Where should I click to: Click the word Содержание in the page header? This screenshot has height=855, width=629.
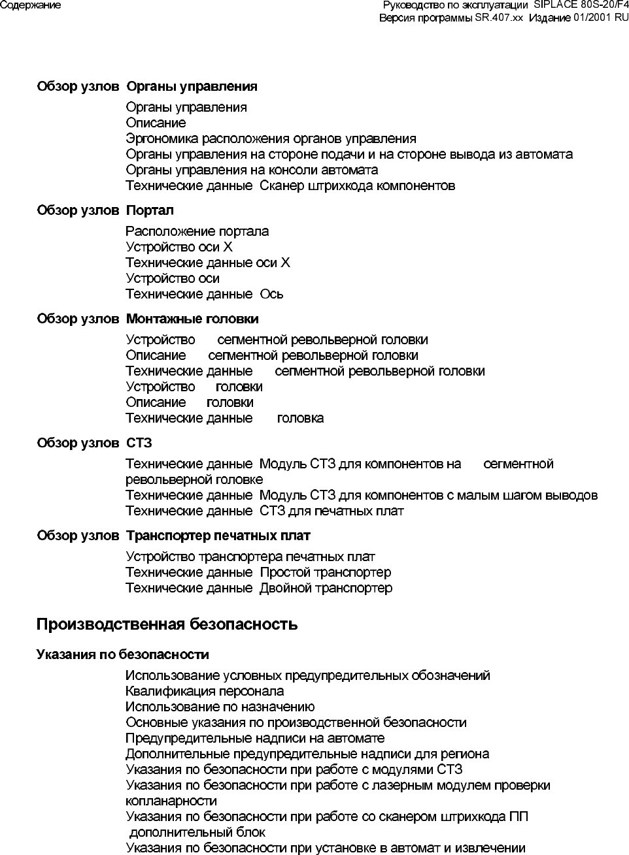pos(31,5)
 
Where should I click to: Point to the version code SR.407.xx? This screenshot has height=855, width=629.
pos(499,18)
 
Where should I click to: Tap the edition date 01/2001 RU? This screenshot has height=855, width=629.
pos(600,18)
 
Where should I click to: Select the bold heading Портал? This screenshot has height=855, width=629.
pos(150,210)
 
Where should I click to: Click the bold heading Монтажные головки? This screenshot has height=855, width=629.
pos(192,319)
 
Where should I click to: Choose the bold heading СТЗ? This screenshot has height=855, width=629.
pos(139,443)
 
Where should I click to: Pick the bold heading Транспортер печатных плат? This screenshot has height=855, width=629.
pos(218,536)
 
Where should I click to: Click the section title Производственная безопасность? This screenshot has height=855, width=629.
pos(167,624)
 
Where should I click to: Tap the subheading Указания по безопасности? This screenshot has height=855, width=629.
pos(122,654)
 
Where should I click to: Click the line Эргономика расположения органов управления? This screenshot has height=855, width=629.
pos(271,138)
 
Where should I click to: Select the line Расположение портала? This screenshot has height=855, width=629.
pos(197,231)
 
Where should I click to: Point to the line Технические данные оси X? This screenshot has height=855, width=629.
pos(207,263)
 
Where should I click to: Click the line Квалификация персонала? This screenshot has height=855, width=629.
pos(205,691)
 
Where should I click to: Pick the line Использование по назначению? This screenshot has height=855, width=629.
pos(220,707)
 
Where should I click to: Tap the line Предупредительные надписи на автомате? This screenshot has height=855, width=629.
pos(255,738)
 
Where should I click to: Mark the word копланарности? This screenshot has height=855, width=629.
pos(171,801)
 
